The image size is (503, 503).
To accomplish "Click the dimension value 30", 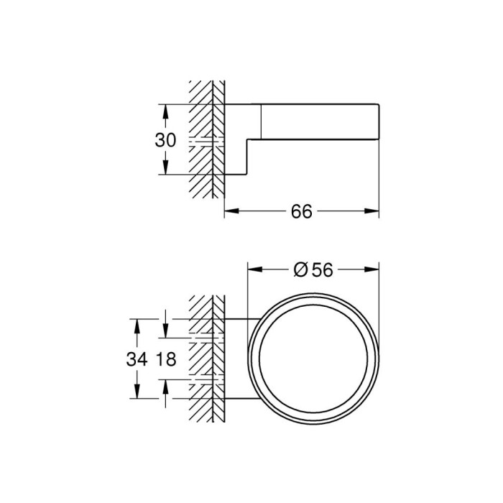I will point(165,141).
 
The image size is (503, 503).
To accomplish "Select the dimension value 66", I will point(302,212).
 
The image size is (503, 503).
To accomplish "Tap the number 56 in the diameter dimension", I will point(323,269).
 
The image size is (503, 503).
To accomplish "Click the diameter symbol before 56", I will point(301,269).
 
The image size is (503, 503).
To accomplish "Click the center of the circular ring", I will point(313,357).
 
